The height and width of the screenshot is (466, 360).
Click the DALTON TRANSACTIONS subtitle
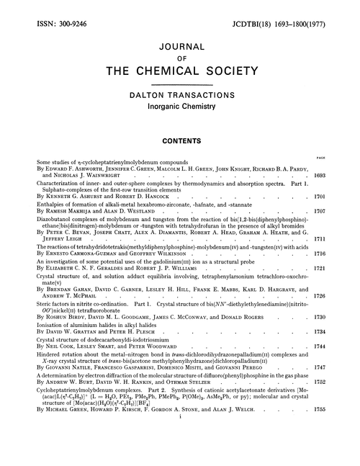(x=180, y=96)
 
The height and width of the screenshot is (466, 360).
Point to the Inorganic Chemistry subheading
(x=180, y=108)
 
